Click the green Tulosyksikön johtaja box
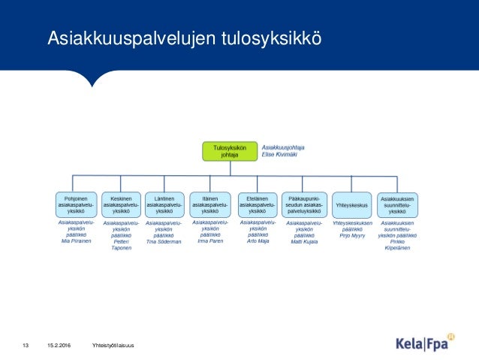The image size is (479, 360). (229, 151)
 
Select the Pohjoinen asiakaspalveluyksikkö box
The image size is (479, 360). (74, 204)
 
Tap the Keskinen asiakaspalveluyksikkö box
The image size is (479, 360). (121, 204)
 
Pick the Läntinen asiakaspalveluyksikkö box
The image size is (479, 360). (164, 204)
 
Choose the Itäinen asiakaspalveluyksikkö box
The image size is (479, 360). (210, 204)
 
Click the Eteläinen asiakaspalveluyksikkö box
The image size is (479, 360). (258, 204)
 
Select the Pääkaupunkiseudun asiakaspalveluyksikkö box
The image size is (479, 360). (305, 204)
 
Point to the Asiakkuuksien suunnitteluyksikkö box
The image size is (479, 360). (397, 204)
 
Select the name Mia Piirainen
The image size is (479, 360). (75, 241)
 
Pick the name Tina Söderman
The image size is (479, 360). (164, 241)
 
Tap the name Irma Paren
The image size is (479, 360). (210, 241)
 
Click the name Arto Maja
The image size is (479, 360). (258, 241)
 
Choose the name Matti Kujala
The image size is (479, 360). (304, 241)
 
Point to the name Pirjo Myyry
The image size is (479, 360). (351, 235)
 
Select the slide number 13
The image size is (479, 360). (25, 345)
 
